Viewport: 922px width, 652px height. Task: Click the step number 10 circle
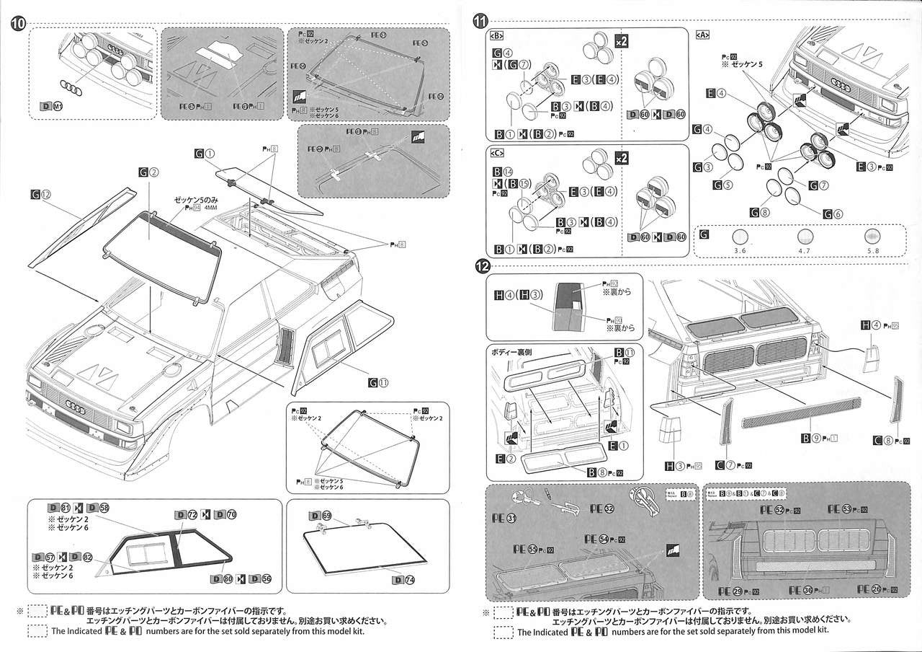point(19,23)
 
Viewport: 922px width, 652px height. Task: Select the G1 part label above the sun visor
point(205,153)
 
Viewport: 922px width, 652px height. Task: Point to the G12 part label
point(42,194)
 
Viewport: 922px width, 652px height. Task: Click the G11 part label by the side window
point(379,383)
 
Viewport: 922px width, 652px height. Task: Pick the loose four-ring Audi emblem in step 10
point(71,87)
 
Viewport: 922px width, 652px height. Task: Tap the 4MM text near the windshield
point(210,209)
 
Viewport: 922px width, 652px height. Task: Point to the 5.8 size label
point(872,250)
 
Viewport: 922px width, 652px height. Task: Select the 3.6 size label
point(739,250)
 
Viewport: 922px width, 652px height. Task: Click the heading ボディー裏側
point(514,352)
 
